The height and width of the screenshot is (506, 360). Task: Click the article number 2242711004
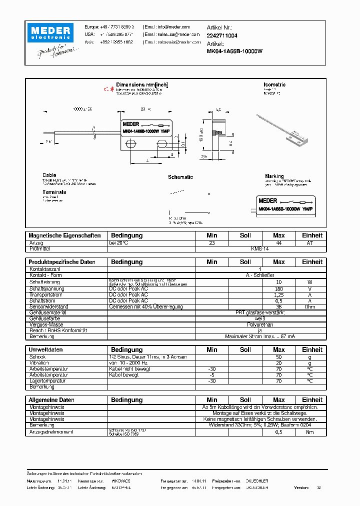(x=222, y=36)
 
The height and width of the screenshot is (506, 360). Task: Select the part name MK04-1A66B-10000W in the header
(x=234, y=51)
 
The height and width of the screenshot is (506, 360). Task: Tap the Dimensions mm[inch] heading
(x=142, y=85)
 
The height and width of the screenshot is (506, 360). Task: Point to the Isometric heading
(x=274, y=85)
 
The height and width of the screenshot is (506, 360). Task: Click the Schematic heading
(x=180, y=177)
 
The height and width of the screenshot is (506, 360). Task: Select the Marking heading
(x=274, y=176)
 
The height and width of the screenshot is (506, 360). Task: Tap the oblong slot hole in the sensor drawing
(x=162, y=144)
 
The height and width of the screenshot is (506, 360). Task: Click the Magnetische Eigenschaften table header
(x=64, y=235)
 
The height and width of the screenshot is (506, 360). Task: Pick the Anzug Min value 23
(x=211, y=242)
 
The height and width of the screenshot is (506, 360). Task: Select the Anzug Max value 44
(x=279, y=242)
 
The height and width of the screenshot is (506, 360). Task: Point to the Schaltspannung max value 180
(x=279, y=289)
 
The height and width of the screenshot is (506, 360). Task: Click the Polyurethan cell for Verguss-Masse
(x=260, y=324)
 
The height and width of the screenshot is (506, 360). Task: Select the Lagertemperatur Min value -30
(x=211, y=380)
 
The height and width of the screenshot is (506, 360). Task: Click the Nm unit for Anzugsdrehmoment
(x=310, y=432)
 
